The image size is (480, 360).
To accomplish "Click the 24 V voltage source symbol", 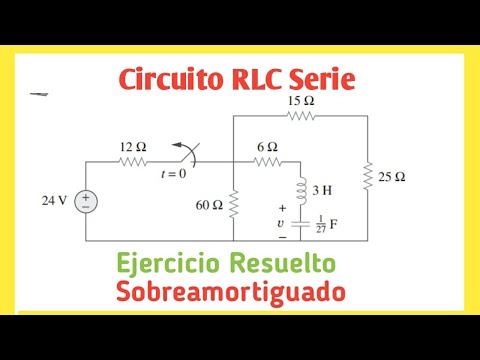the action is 86,200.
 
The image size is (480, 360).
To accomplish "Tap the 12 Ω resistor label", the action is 133,147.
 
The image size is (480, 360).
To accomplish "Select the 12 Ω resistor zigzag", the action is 135,161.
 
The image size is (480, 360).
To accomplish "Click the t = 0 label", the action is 175,174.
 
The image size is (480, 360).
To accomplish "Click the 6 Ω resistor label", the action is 268,147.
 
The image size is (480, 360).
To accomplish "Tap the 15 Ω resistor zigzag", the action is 300,116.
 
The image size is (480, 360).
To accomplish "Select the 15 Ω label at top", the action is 300,101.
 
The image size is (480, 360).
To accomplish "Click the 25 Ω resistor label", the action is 392,178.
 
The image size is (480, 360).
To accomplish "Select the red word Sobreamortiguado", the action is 230,292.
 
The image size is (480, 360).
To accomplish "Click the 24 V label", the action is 54,200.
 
